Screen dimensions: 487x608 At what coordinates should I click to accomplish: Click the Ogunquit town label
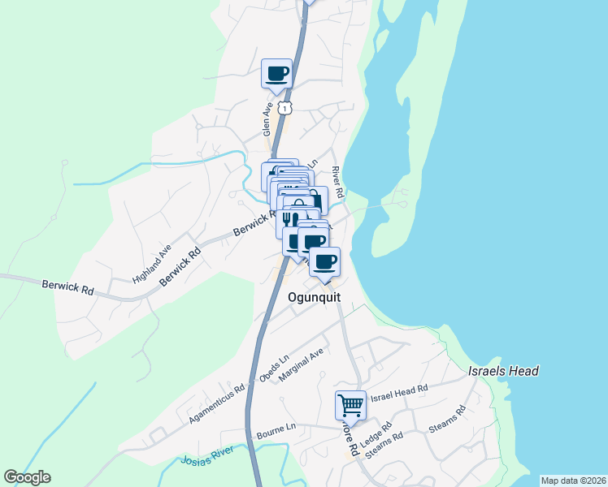point(314,297)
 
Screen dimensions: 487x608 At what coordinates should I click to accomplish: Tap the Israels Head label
point(503,371)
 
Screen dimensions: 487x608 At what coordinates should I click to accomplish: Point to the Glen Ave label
point(267,119)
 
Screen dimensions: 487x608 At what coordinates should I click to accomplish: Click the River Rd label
point(337,182)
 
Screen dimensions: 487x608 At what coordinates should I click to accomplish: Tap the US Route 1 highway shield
point(283,107)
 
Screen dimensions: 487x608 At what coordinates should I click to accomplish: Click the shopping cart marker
point(350,403)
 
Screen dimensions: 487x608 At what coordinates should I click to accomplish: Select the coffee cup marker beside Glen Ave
point(276,73)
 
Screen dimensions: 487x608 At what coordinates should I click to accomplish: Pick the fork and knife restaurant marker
point(290,218)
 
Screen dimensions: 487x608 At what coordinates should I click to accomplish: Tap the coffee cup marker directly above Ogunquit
point(325,261)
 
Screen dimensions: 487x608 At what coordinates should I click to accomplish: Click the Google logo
point(27,477)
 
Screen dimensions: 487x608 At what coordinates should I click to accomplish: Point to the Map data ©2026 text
point(573,481)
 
